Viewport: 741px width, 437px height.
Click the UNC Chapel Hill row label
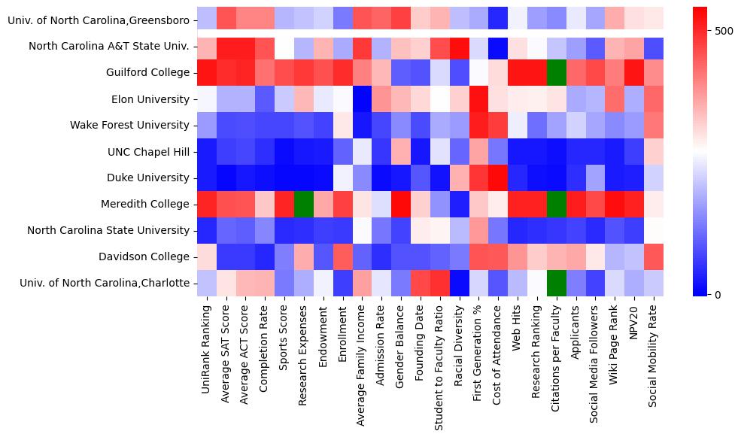[x=150, y=152]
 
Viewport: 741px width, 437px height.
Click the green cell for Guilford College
[x=557, y=72]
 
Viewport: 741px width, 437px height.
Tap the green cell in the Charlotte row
[x=557, y=283]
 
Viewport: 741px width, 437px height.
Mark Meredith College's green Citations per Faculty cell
[x=557, y=204]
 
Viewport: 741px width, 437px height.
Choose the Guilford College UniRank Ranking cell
[x=208, y=72]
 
